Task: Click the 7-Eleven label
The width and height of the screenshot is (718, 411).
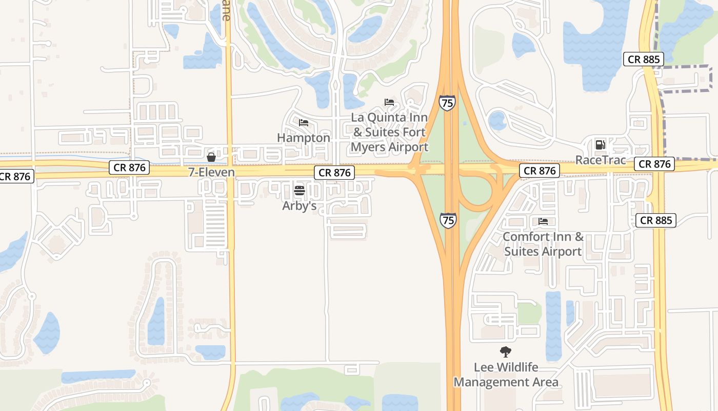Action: click(211, 173)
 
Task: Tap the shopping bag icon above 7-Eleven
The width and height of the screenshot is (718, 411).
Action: click(211, 157)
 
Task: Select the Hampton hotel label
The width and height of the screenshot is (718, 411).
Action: click(304, 138)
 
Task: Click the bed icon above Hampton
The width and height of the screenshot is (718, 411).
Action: click(304, 123)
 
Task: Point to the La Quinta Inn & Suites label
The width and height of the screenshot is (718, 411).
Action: click(389, 132)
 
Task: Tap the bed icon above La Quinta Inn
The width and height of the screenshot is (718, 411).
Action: click(389, 102)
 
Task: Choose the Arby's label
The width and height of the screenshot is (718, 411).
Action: click(300, 206)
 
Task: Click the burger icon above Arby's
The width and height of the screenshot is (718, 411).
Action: click(300, 191)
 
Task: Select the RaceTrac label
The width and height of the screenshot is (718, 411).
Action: click(601, 160)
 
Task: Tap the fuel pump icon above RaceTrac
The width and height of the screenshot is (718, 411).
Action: click(600, 144)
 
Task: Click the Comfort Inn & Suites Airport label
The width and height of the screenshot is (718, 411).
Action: click(543, 244)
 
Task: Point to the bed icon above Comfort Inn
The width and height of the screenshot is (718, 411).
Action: click(543, 221)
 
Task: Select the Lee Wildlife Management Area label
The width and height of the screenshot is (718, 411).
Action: click(506, 375)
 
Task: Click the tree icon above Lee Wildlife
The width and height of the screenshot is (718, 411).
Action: click(506, 352)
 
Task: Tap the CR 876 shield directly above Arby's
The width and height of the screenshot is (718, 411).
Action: click(335, 173)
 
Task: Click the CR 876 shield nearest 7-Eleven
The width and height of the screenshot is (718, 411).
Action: click(130, 167)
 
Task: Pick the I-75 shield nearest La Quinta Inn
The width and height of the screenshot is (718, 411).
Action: click(447, 103)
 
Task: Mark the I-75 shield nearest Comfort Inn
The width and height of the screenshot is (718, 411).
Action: click(448, 221)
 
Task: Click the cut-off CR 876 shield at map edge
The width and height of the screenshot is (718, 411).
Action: click(15, 177)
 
